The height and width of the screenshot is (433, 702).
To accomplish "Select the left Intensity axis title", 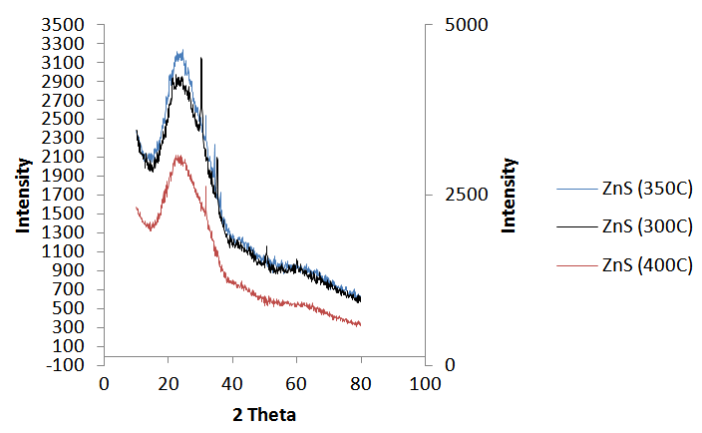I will (x=22, y=195).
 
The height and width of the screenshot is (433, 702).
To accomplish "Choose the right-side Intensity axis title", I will (x=509, y=195).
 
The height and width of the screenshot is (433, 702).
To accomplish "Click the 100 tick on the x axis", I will (x=426, y=384).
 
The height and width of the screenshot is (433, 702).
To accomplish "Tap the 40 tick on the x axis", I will (x=231, y=384).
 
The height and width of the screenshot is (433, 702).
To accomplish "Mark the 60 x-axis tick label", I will (x=296, y=384).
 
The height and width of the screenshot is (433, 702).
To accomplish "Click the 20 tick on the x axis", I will (x=168, y=384).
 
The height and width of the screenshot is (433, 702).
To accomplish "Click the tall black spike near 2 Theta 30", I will (x=201, y=60).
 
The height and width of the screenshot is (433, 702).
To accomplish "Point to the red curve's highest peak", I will (x=178, y=156).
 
